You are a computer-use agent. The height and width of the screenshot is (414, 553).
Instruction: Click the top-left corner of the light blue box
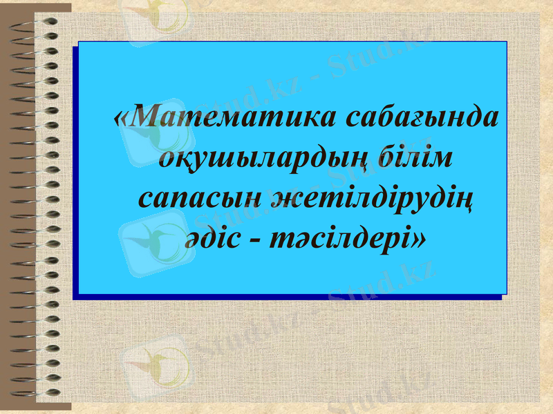click(79, 42)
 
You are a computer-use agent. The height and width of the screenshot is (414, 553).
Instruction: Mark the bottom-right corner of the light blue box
click(506, 293)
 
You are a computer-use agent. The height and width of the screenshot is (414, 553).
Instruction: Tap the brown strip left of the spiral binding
click(14, 207)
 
